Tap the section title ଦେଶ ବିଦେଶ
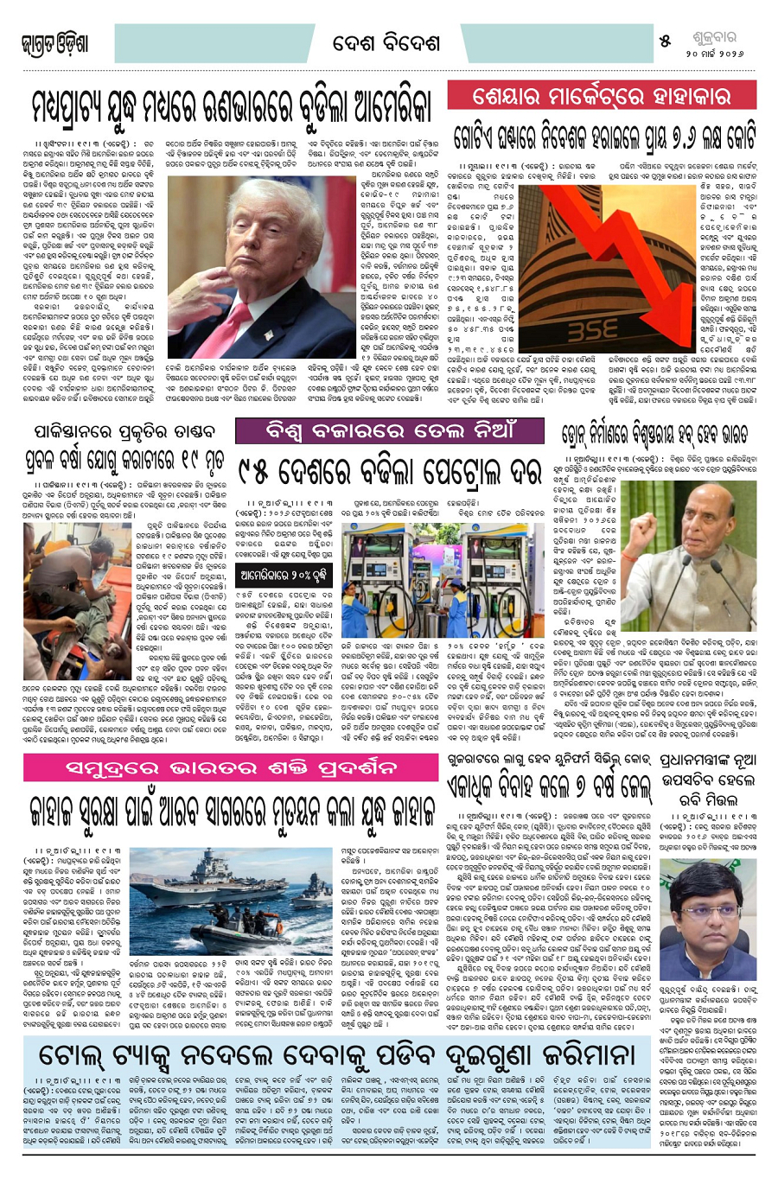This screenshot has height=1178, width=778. click(386, 42)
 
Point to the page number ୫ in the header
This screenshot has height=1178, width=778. click(664, 40)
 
